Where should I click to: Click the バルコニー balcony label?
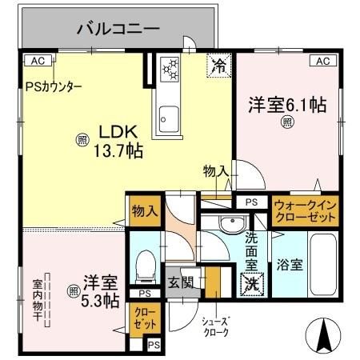118,30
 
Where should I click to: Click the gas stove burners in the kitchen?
170,70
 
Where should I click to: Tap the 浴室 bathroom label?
290,266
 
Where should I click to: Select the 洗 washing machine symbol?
251,282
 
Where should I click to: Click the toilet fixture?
146,266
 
